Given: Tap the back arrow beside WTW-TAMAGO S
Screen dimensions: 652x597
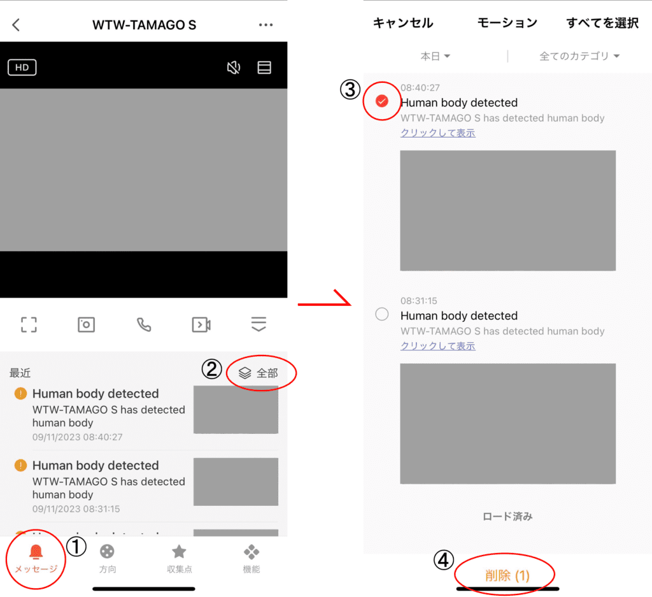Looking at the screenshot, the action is click(16, 25).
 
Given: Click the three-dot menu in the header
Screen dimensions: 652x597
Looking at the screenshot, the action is click(266, 25).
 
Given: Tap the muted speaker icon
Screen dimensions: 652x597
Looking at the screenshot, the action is click(233, 68).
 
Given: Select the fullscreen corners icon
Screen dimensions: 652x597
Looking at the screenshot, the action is click(29, 324).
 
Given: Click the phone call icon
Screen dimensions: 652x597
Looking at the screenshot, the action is click(144, 324).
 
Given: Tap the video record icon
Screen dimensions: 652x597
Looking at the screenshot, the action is click(201, 324).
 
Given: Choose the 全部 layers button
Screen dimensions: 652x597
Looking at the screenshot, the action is click(259, 373).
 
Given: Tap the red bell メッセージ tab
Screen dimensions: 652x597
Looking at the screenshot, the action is click(36, 559).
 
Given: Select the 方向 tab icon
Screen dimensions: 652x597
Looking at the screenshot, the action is click(107, 552).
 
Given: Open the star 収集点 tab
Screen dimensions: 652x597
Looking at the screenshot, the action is click(179, 552).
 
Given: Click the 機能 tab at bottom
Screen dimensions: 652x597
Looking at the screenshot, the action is click(251, 559).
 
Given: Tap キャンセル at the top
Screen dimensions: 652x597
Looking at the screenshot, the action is click(403, 23).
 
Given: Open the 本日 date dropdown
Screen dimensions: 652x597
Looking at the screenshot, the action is click(435, 56).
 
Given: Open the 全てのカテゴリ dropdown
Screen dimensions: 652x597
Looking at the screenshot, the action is click(579, 56).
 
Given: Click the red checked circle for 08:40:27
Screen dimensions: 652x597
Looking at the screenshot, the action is click(382, 101).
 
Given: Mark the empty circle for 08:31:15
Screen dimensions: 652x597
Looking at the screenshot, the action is click(382, 314).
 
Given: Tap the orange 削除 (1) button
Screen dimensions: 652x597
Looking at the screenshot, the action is click(507, 576).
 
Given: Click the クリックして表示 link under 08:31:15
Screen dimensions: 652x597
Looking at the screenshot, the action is click(438, 346).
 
